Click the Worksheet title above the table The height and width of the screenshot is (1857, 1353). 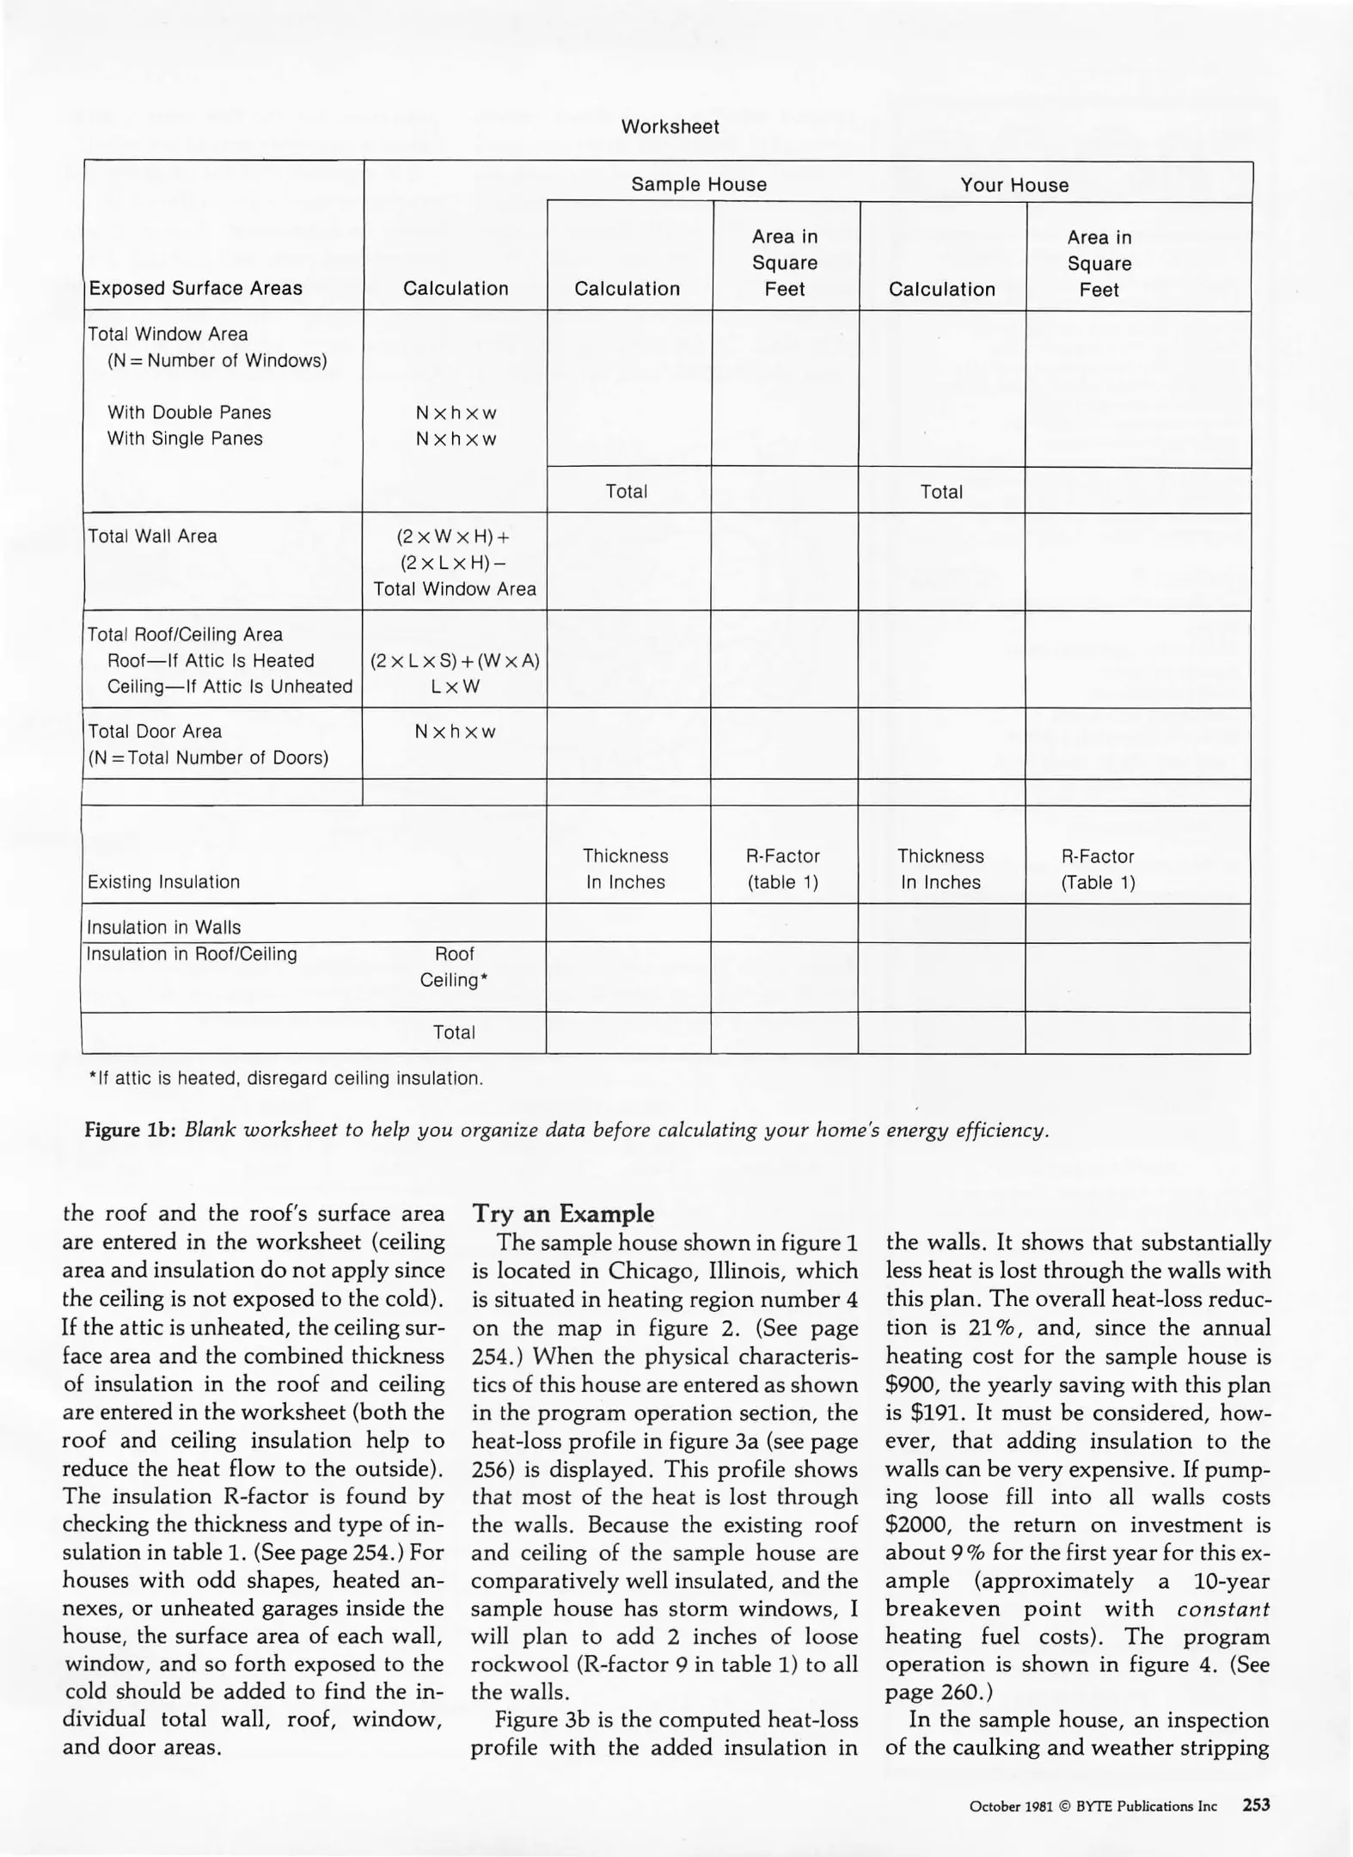coord(670,127)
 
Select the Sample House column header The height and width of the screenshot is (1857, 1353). coord(698,185)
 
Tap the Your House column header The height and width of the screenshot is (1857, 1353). coord(1014,185)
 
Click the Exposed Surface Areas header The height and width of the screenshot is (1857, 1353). coord(195,289)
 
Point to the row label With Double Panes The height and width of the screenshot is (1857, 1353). coord(189,413)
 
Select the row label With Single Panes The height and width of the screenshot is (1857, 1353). coord(185,438)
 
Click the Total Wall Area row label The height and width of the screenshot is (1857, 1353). coord(153,536)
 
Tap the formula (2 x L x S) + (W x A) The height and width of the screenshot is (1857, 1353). coord(455,661)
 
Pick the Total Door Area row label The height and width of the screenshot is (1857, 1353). coord(155,732)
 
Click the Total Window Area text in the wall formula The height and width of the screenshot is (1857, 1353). coord(455,590)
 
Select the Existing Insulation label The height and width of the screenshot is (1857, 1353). coord(163,882)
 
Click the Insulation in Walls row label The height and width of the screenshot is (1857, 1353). coord(164,928)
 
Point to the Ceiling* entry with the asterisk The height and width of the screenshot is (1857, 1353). coord(454,980)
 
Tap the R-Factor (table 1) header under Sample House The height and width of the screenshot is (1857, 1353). coord(782,869)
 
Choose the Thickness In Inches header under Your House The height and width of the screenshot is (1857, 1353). coord(940,869)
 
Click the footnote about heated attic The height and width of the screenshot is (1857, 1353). coord(286,1078)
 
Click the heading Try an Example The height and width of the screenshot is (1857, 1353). coord(563,1214)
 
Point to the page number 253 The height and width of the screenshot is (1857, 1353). coord(1256,1805)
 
